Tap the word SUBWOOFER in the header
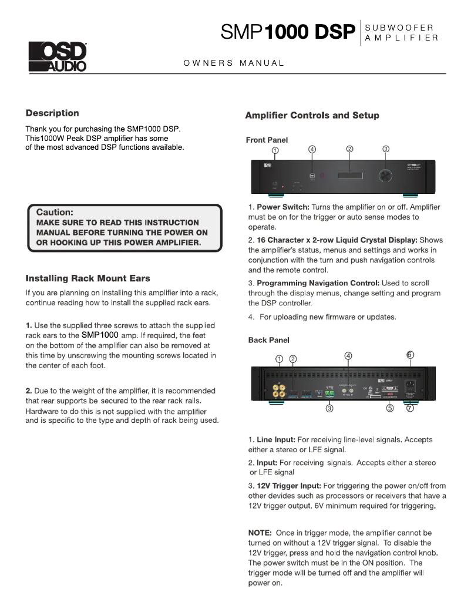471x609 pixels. click(399, 28)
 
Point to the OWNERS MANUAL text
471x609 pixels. click(234, 63)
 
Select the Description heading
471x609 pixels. click(52, 113)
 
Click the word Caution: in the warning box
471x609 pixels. click(55, 211)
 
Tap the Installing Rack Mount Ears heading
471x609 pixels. click(88, 278)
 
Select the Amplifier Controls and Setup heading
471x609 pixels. click(312, 115)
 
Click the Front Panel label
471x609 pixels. click(267, 140)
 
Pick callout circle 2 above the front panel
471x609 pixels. click(349, 149)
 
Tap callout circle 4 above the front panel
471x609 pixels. click(312, 149)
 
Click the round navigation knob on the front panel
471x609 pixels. click(385, 175)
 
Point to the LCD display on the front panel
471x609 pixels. click(349, 175)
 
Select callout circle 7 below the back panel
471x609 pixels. click(410, 409)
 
